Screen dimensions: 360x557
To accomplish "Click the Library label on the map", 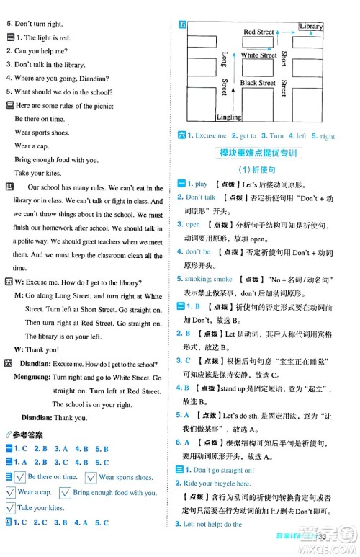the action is click(310, 27).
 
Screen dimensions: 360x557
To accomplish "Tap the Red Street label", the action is click(258, 32).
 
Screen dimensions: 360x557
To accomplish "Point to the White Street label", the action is click(258, 55).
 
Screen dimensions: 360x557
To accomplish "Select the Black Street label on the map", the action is click(258, 83).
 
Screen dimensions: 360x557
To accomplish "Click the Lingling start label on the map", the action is click(229, 117).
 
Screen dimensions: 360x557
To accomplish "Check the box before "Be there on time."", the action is click(21, 477).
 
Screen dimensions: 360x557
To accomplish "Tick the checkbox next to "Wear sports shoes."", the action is click(91, 477).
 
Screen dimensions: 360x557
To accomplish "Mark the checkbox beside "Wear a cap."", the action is click(10, 493).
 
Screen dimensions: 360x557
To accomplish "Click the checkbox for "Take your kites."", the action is click(10, 509).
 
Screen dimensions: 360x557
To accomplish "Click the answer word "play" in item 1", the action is click(202, 184).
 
